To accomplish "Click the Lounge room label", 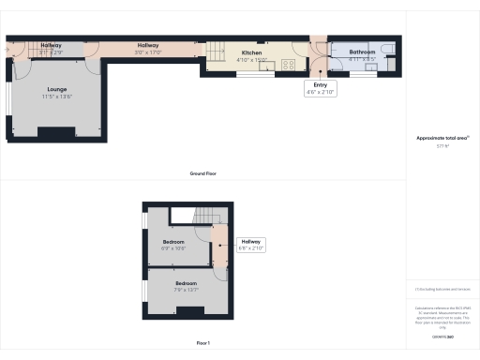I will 55,90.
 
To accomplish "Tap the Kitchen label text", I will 252,53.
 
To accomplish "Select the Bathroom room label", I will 363,52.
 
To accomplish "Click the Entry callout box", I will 320,88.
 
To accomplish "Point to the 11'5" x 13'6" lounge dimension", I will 55,97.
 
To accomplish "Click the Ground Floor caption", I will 203,173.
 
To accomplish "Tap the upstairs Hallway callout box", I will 251,246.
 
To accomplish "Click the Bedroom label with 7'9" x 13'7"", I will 186,283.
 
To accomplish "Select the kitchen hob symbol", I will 289,64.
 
